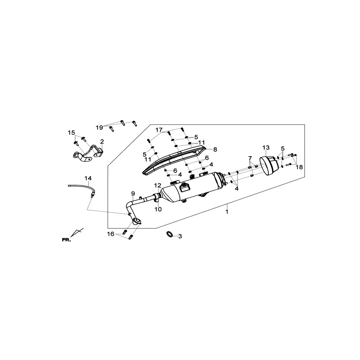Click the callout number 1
[227, 212]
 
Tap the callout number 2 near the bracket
[102, 141]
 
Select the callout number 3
[180, 236]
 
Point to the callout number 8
[215, 149]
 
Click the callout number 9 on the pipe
[133, 194]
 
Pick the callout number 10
[158, 209]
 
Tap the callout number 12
[158, 185]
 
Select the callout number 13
[266, 147]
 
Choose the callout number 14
[88, 178]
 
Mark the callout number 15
[71, 132]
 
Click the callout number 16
[111, 234]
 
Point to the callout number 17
[159, 130]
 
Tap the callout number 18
[300, 167]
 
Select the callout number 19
[99, 128]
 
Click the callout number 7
[250, 158]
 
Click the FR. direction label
[67, 240]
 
